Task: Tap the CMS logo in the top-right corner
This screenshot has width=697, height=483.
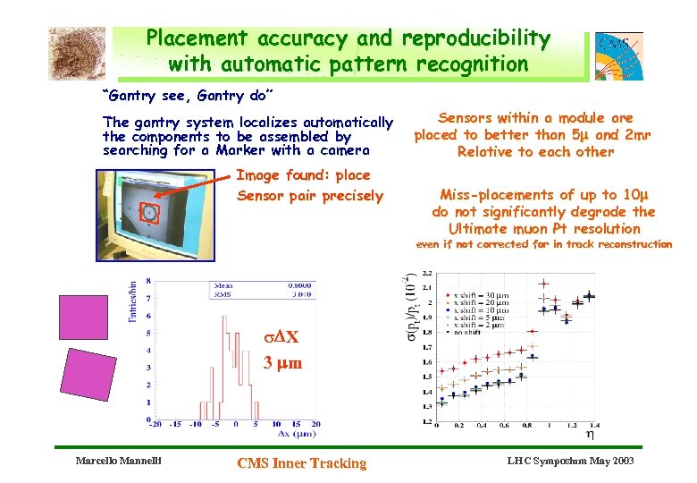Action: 618,55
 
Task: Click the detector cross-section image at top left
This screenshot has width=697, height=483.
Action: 76,53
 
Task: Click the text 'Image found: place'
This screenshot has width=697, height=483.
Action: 303,175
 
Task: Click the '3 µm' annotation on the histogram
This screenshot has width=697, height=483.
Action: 282,363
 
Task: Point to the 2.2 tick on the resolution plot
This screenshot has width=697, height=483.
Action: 427,274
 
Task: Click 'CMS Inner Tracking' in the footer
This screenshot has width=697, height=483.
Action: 301,462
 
